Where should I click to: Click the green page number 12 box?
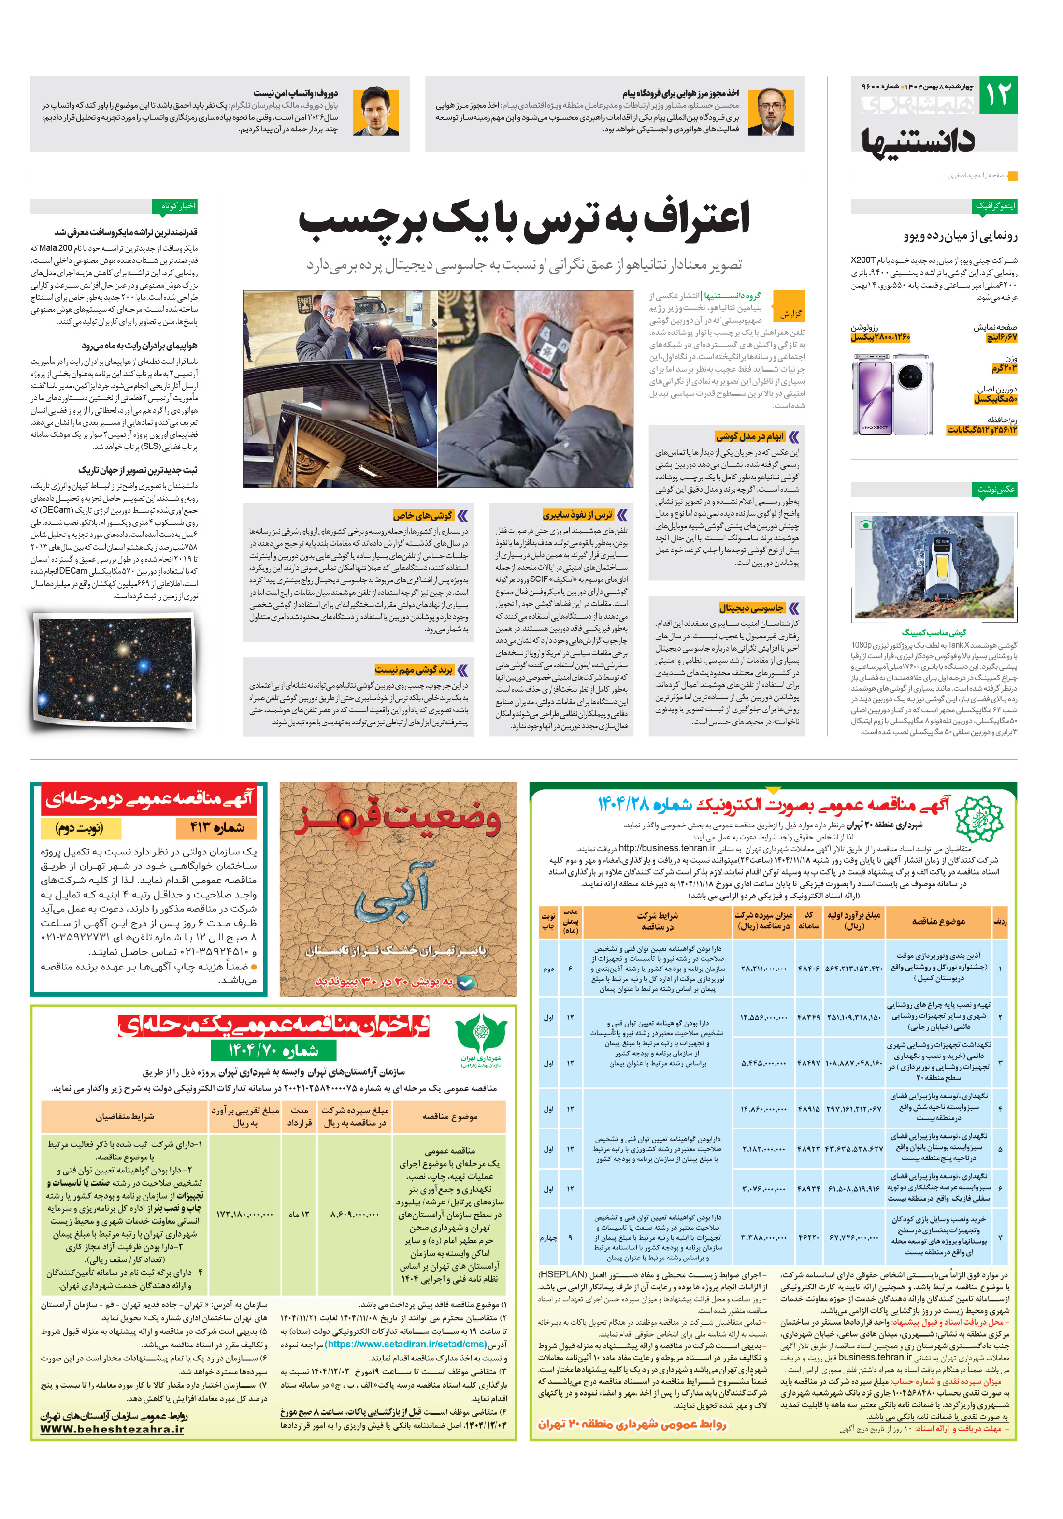[997, 95]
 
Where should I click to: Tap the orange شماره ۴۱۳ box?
[216, 827]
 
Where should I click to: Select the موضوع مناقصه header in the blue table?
[937, 921]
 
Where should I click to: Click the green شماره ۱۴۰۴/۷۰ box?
[273, 1050]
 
